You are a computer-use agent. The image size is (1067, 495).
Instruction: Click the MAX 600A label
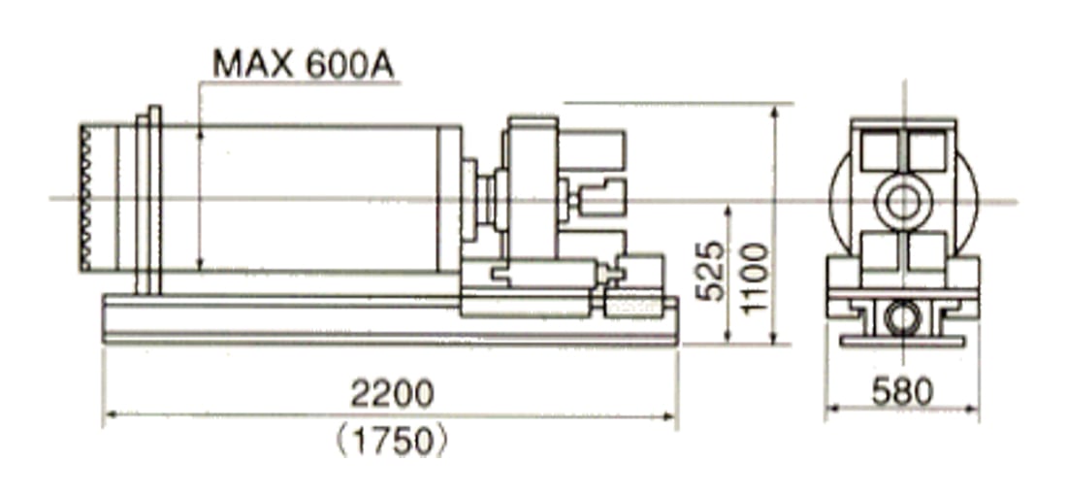coord(304,64)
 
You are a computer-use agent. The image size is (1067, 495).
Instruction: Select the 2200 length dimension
coord(392,393)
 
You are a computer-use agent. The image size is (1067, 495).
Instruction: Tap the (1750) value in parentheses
coord(393,441)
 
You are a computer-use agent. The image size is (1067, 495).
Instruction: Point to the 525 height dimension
coord(712,271)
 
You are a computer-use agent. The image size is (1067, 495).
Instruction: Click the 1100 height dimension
coord(755,279)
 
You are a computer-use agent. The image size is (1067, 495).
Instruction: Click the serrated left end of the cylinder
coord(85,198)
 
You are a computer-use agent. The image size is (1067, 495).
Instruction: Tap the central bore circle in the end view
coord(903,202)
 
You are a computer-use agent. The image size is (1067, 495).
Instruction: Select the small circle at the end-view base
coord(903,318)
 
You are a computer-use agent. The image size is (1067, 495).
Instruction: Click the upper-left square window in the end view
coord(879,150)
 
